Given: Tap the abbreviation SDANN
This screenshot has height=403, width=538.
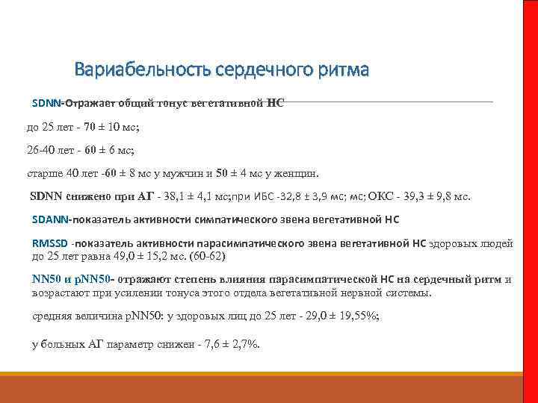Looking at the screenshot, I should (x=50, y=220).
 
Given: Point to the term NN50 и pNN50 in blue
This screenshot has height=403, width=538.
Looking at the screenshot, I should (x=71, y=280).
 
